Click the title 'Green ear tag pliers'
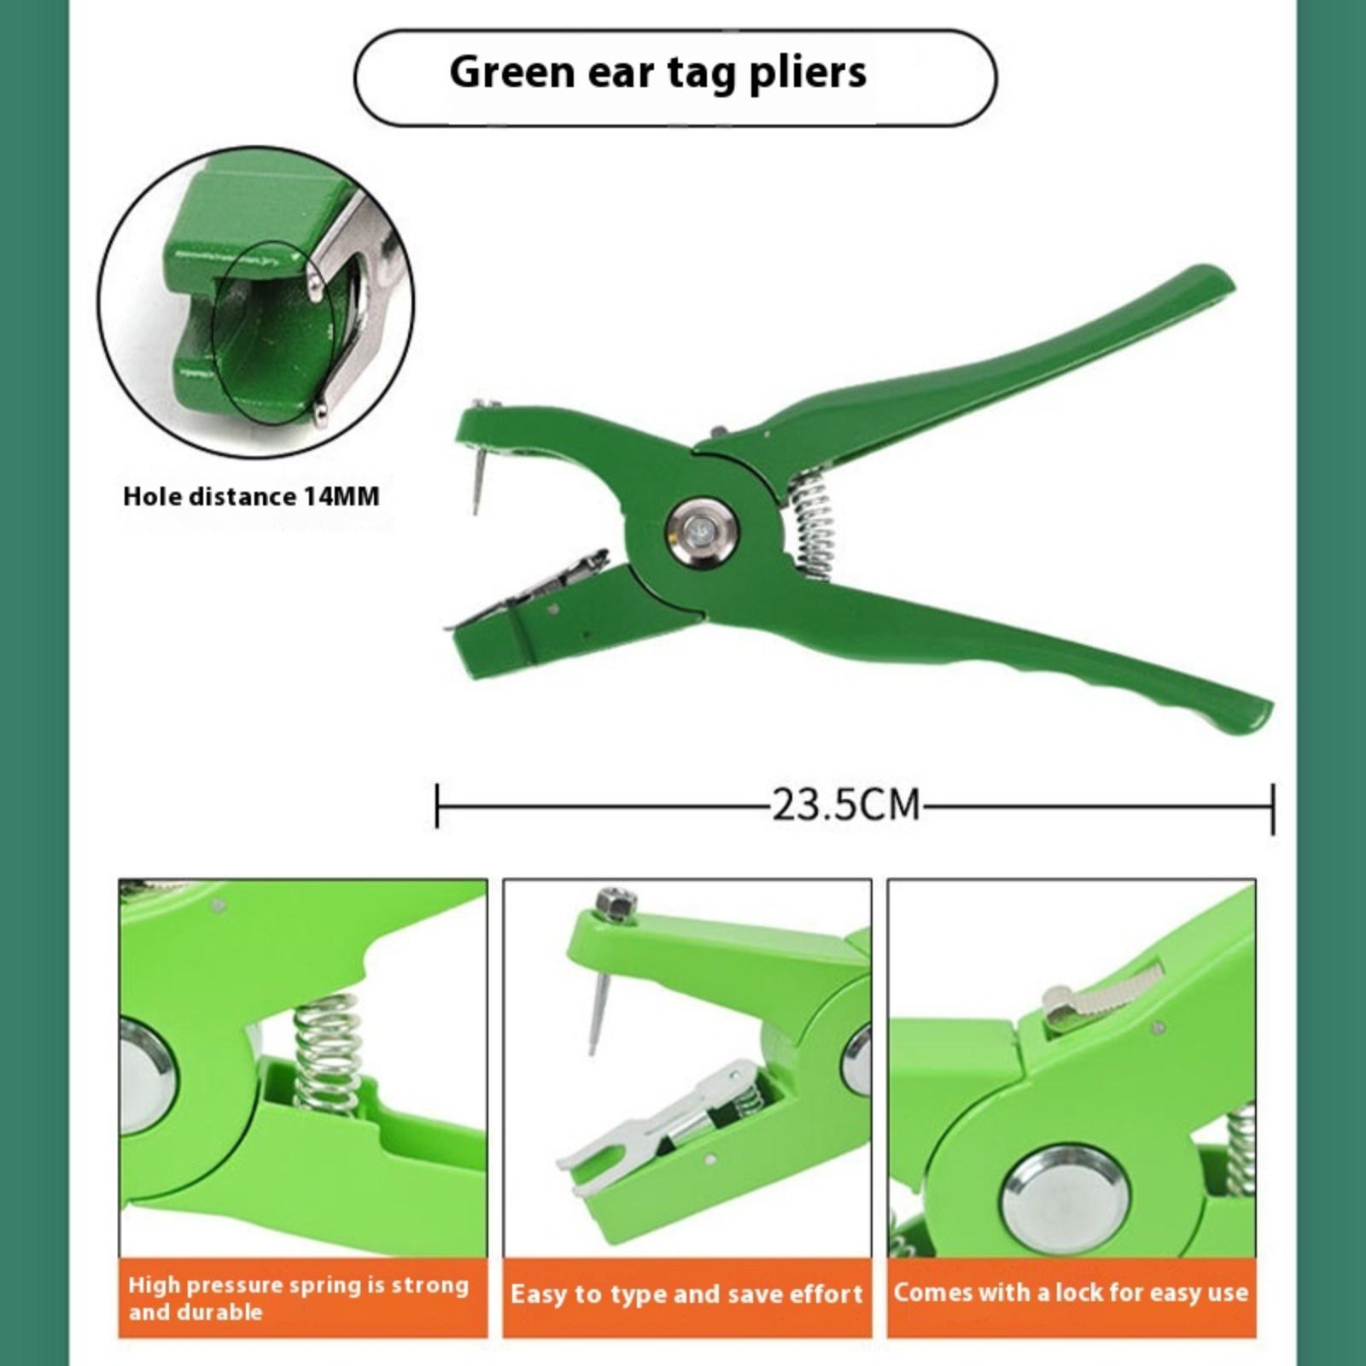pos(657,72)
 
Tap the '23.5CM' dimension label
pos(846,804)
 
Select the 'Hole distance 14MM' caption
pos(251,496)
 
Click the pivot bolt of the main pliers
pos(703,534)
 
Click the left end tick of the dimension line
pos(437,806)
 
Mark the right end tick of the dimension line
pos(1272,808)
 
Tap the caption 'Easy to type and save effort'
pos(687,1294)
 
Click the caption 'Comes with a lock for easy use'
pos(1071,1292)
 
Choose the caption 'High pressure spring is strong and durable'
pos(298,1298)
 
